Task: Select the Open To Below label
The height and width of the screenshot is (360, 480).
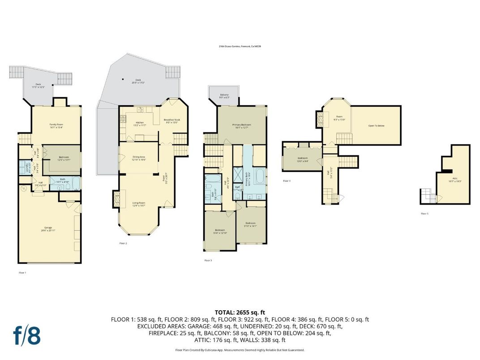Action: click(x=376, y=126)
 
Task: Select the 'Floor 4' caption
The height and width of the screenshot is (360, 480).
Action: click(x=287, y=181)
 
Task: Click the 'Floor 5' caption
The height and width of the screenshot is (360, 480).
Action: click(x=424, y=214)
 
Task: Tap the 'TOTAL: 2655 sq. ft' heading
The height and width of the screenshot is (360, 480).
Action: click(x=240, y=312)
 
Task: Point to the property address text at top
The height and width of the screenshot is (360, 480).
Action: click(x=240, y=46)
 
